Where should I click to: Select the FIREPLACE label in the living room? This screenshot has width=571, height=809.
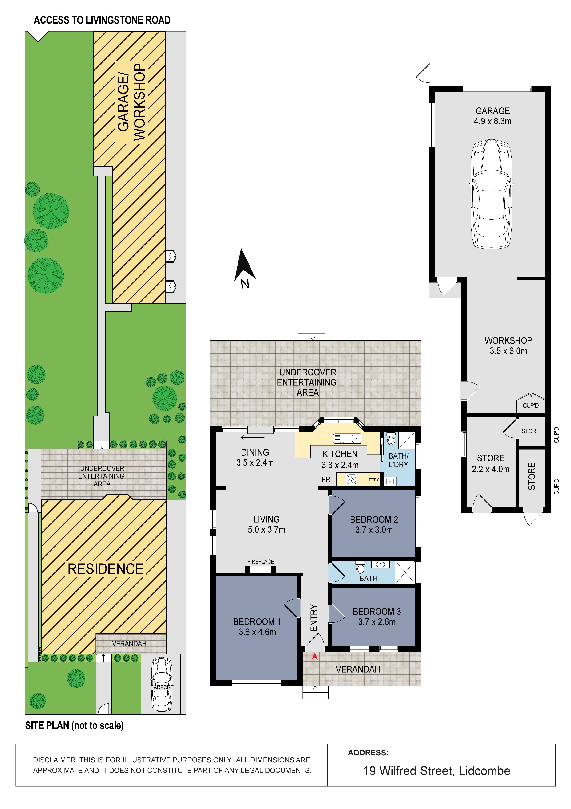(261, 562)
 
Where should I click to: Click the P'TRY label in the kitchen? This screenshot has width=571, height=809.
(374, 480)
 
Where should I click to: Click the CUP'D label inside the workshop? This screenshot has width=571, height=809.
(531, 406)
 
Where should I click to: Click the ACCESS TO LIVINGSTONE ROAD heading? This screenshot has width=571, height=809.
(102, 20)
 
